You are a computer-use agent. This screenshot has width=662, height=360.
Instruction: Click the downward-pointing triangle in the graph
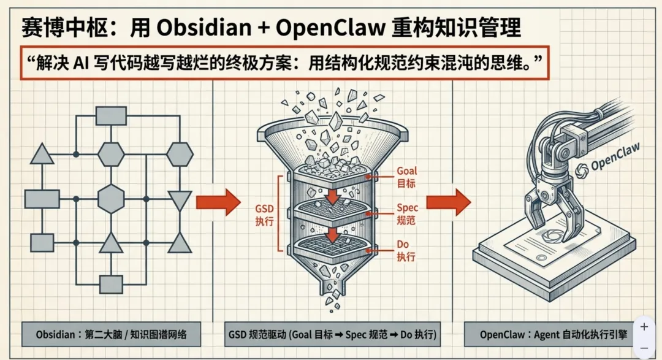click(179, 199)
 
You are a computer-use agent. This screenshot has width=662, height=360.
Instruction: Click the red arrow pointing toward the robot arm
click(448, 202)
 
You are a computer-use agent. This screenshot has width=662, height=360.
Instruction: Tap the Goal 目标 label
click(407, 176)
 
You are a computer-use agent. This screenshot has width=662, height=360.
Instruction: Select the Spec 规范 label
click(407, 213)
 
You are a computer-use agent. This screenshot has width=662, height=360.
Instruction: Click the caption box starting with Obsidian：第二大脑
click(110, 335)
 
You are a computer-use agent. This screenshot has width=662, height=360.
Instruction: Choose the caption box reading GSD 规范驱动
click(330, 335)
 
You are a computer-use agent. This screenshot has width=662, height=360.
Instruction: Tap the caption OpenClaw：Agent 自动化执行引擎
click(549, 335)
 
